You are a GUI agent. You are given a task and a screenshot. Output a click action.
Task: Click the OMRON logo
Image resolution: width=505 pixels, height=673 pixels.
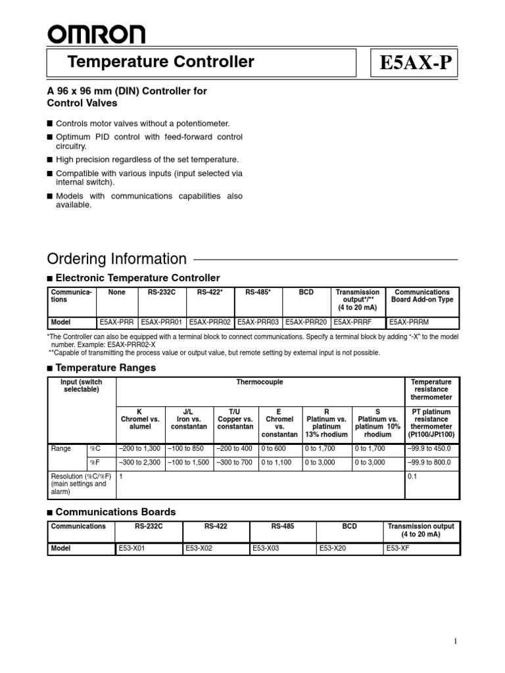96,34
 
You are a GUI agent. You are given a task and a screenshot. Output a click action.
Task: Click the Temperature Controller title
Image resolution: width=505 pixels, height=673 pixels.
161,62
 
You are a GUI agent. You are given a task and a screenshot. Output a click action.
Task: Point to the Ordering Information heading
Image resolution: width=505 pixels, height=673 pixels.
117,259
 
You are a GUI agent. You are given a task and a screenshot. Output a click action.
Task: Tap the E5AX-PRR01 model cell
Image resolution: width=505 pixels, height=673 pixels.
163,323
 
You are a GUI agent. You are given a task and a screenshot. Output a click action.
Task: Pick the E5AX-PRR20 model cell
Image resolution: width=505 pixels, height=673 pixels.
306,323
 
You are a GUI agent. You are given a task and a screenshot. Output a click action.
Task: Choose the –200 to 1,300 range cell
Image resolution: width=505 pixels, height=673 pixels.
139,449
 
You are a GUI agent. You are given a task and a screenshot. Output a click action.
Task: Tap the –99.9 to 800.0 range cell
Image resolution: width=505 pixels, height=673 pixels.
431,462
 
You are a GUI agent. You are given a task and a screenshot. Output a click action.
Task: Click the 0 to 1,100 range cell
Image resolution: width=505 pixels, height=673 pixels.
278,462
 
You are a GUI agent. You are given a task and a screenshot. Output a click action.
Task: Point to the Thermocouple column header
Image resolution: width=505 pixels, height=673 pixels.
261,382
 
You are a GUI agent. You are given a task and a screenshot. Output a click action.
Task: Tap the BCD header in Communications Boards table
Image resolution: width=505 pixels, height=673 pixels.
350,526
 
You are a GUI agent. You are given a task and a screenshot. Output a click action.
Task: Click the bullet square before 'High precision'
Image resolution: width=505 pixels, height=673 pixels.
51,160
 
